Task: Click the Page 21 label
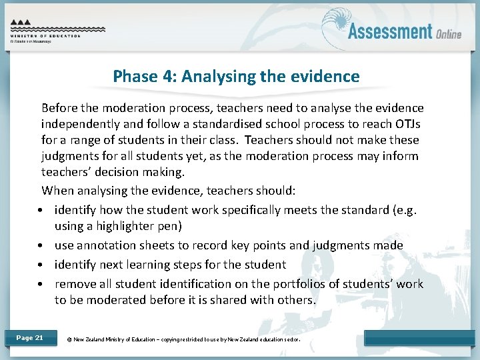click(x=29, y=338)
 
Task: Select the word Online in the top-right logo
click(x=449, y=33)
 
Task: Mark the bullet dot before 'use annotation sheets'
click(x=41, y=246)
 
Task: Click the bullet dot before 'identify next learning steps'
click(x=41, y=265)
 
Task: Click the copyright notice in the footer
click(x=184, y=339)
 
